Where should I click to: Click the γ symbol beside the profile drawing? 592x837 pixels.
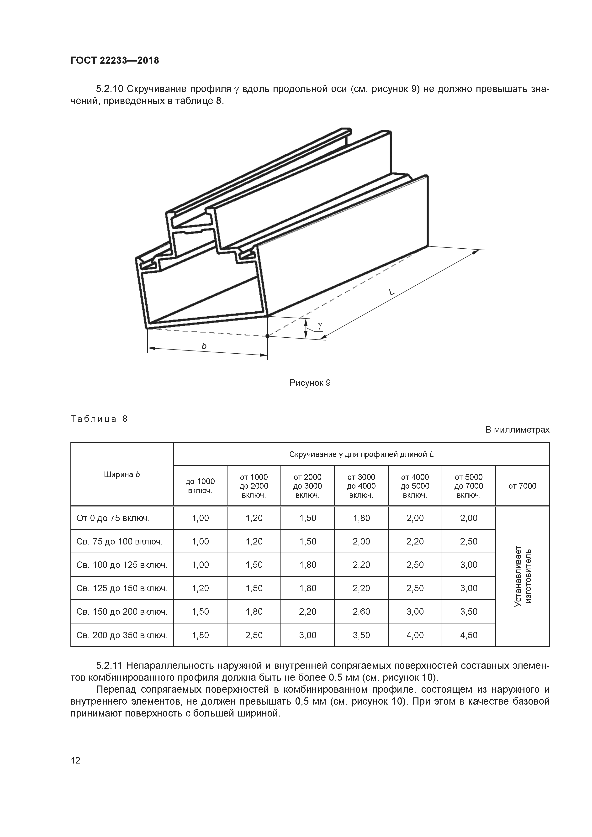320,325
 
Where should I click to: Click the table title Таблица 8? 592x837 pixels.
99,419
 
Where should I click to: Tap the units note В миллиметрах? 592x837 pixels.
517,430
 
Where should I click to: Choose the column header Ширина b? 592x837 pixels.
122,475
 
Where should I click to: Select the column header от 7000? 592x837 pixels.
522,486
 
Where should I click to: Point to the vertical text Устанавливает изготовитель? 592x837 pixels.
522,576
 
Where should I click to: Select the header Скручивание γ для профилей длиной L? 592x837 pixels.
361,454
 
